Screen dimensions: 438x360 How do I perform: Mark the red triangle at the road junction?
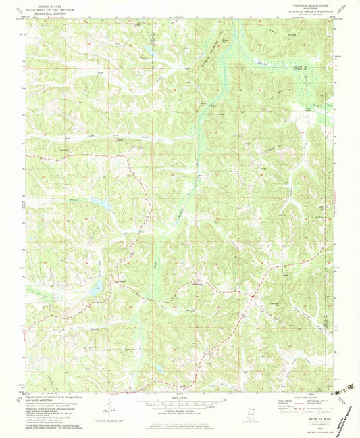tap(251, 295)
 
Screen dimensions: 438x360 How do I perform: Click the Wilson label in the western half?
tap(75, 200)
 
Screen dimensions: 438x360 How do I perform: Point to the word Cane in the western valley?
tap(72, 138)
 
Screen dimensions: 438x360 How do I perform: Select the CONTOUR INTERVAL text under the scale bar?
tap(180, 410)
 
